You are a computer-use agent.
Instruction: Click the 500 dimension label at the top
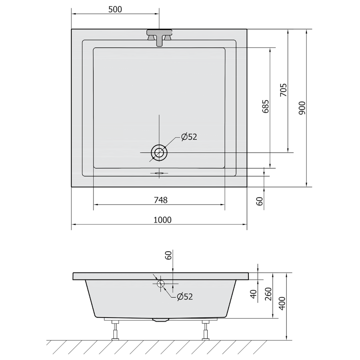click(115, 10)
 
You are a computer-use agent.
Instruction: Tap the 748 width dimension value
click(161, 200)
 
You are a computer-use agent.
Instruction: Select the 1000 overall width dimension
click(162, 220)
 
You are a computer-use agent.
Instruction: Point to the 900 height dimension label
click(302, 108)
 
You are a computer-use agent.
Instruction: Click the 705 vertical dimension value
click(284, 90)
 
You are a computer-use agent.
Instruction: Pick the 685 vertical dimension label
click(266, 106)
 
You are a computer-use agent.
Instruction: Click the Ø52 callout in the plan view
click(189, 137)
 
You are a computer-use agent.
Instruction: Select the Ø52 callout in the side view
click(185, 297)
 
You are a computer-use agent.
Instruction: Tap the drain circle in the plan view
click(159, 152)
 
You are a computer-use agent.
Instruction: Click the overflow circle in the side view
click(161, 284)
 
